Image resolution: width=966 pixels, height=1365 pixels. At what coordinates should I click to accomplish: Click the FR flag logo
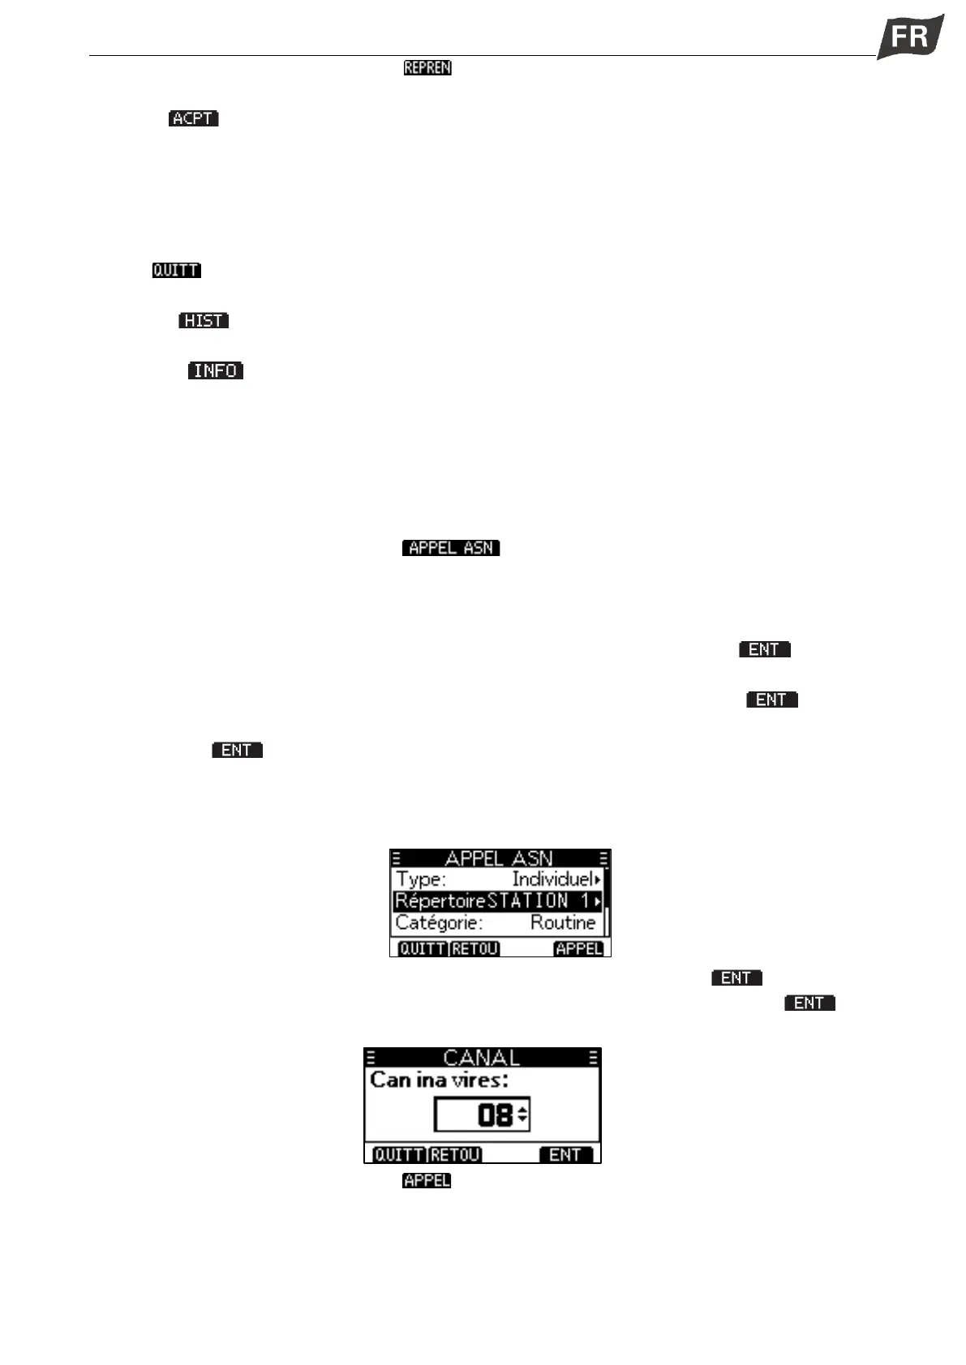[x=910, y=36]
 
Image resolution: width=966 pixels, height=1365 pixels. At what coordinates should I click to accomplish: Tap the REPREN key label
[x=427, y=68]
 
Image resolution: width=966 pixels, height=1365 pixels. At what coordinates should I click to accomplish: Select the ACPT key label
[x=194, y=118]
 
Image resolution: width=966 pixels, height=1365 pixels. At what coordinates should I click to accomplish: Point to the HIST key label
[x=204, y=321]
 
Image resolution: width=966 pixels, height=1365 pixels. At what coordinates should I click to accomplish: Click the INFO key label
[x=216, y=370]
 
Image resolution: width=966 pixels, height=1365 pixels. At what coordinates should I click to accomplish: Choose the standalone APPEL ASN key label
[x=451, y=548]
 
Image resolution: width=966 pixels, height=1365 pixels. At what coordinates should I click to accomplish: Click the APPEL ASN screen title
[x=499, y=858]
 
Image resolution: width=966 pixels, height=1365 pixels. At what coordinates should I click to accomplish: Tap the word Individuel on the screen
[x=552, y=879]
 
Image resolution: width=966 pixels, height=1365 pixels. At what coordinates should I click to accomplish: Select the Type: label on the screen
[x=420, y=879]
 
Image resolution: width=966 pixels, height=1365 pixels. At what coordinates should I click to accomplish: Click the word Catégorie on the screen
[x=439, y=922]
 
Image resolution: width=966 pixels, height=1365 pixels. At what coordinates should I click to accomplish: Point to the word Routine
[x=563, y=922]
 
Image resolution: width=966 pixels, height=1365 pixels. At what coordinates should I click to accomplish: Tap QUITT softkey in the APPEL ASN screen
[x=422, y=948]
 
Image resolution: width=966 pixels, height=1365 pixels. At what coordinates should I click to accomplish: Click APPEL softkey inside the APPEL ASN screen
[x=578, y=948]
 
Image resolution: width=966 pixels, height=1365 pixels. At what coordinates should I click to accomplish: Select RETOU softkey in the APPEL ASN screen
[x=475, y=948]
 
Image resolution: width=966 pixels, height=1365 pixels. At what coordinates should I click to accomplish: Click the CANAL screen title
[x=482, y=1058]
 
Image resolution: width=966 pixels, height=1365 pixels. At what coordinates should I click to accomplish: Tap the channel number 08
[x=495, y=1115]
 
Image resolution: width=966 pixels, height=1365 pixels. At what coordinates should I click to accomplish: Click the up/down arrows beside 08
[x=523, y=1115]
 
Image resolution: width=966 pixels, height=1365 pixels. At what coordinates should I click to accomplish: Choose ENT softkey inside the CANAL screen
[x=565, y=1154]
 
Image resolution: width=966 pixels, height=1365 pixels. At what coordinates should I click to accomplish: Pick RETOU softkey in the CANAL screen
[x=455, y=1154]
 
